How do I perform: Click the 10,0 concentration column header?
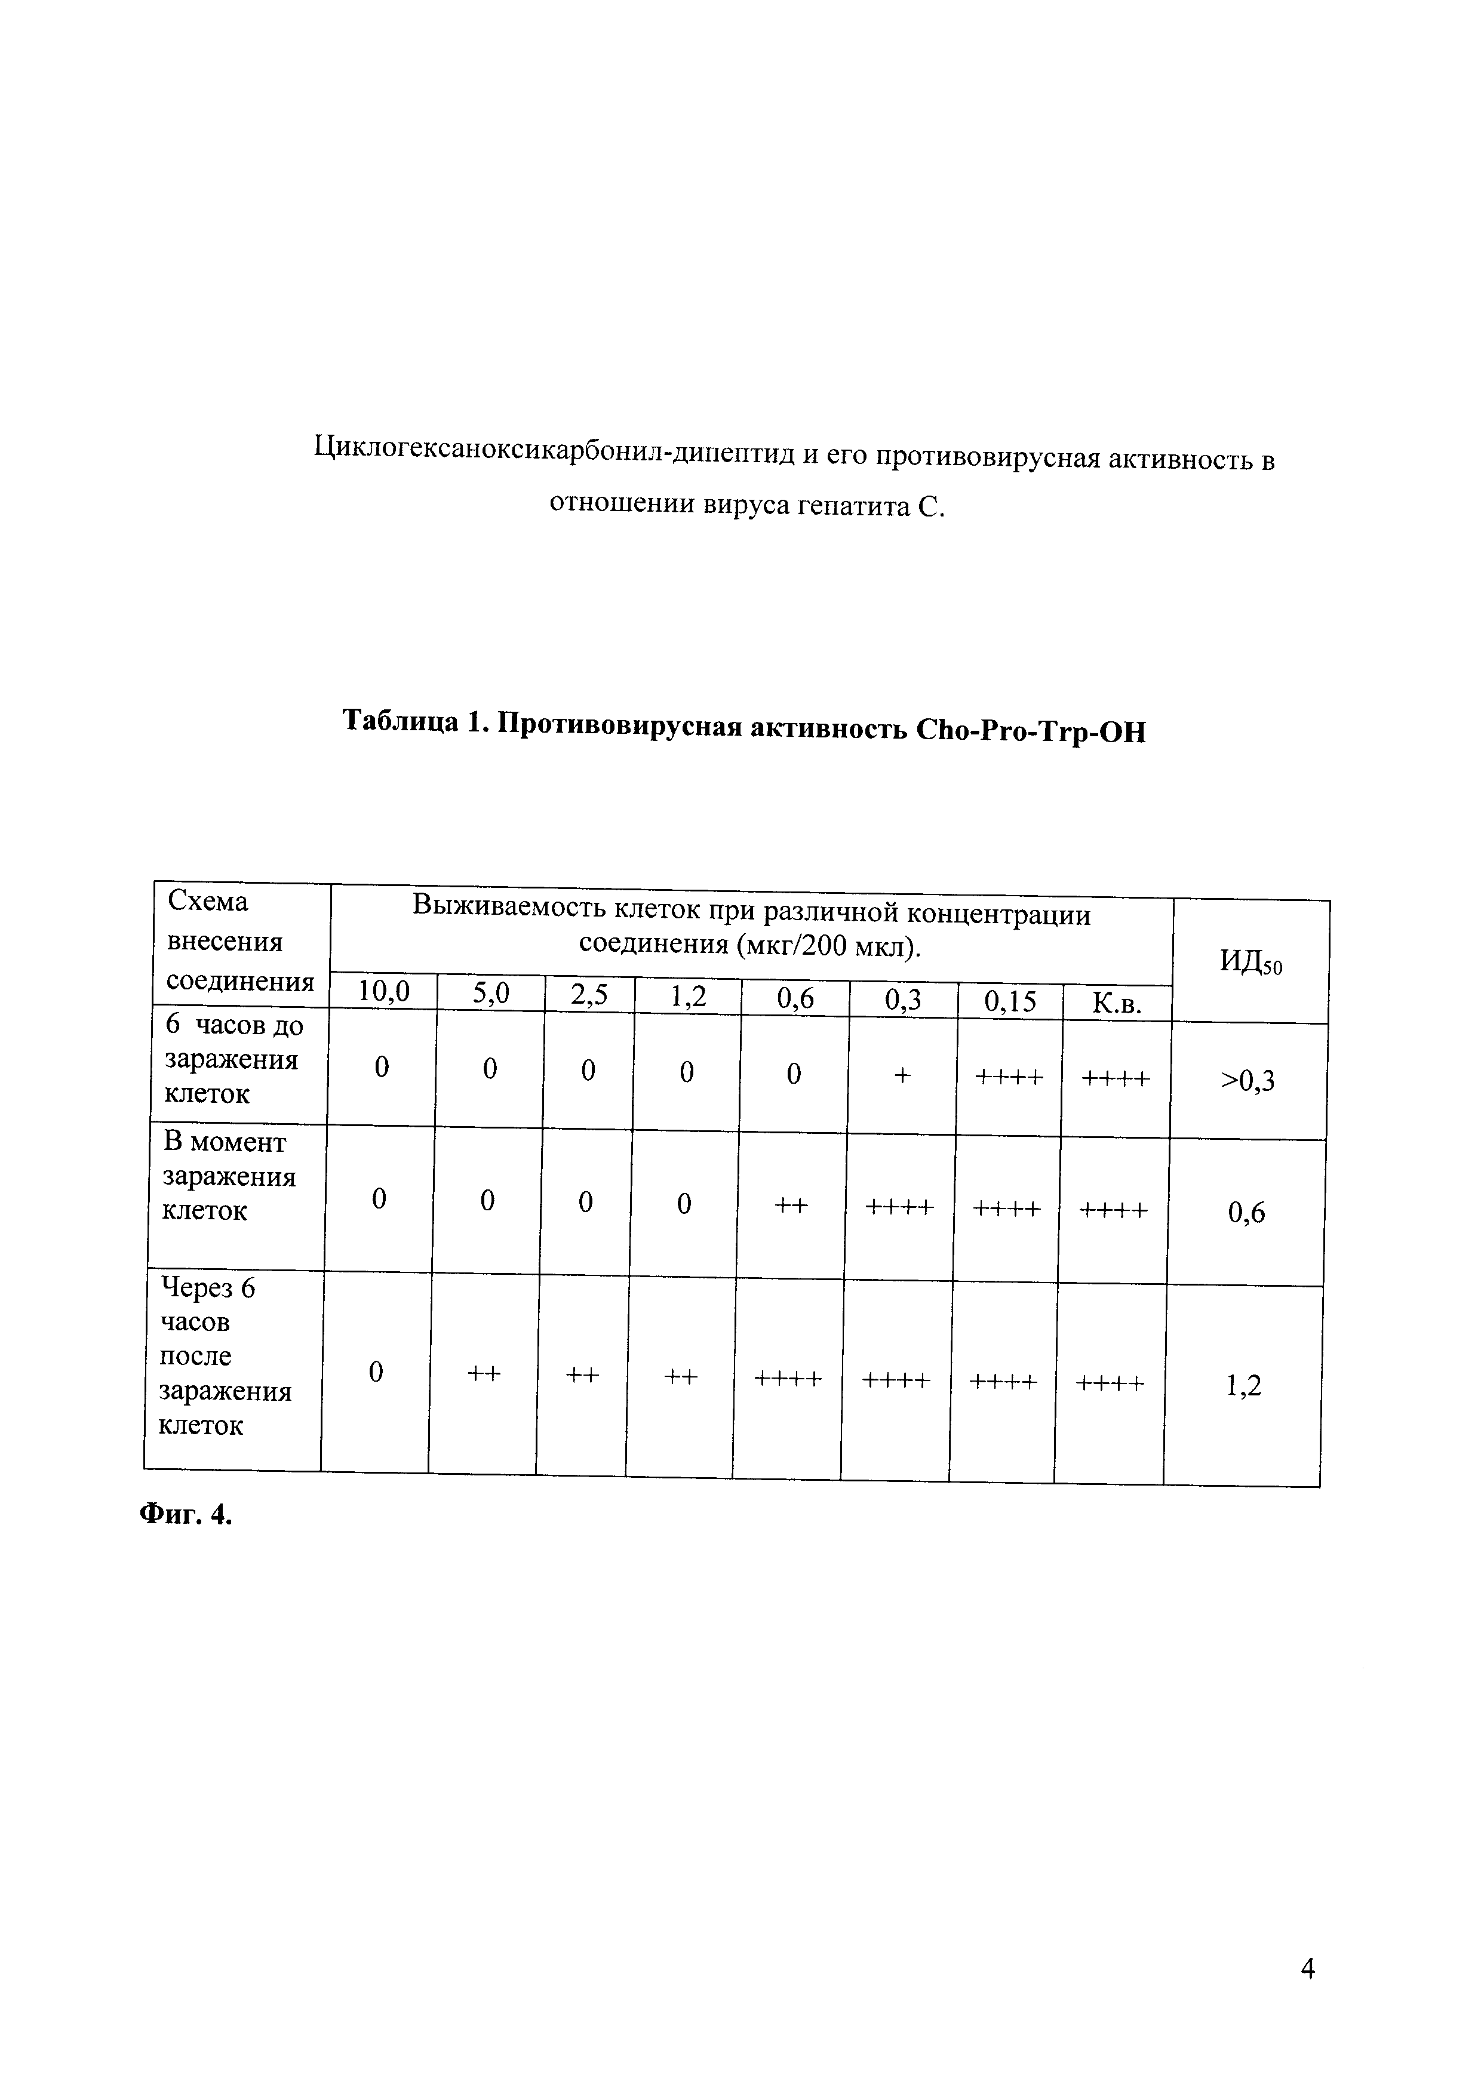click(x=383, y=991)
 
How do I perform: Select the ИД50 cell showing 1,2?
click(x=1244, y=1386)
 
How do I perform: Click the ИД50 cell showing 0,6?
click(x=1246, y=1212)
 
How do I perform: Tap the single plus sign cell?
click(x=902, y=1076)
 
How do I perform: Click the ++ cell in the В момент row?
click(x=792, y=1206)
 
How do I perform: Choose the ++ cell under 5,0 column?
click(x=484, y=1375)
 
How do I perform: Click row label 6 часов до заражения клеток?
click(x=232, y=1060)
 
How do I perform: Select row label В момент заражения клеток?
click(x=228, y=1176)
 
